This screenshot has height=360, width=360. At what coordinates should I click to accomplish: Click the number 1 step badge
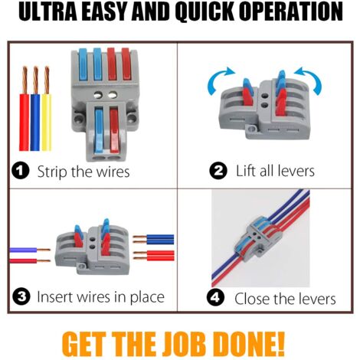pos(22,171)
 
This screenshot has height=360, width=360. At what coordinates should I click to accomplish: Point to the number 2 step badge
pos(219,171)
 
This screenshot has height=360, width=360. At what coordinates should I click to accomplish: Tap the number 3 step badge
pos(22,296)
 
